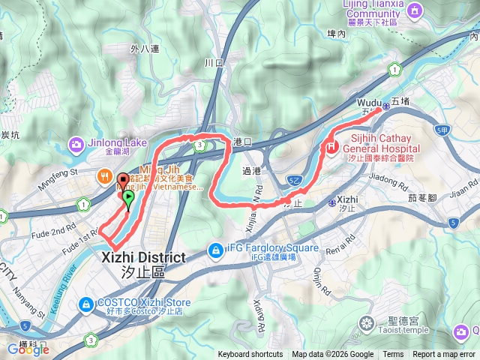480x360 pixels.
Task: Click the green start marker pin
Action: tap(128, 199)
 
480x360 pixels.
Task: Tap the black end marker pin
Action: tap(121, 181)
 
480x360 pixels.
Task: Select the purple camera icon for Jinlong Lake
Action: tap(76, 143)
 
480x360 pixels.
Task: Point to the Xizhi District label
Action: tap(142, 262)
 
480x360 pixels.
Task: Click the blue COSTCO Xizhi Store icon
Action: tap(87, 303)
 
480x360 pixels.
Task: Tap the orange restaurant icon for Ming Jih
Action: tap(105, 178)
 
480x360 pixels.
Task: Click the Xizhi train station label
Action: tap(347, 199)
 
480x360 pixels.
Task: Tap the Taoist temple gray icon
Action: tap(366, 324)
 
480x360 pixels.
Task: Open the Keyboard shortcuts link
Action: tap(250, 355)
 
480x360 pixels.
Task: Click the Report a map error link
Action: tap(445, 355)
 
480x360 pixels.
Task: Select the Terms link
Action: tap(393, 355)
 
